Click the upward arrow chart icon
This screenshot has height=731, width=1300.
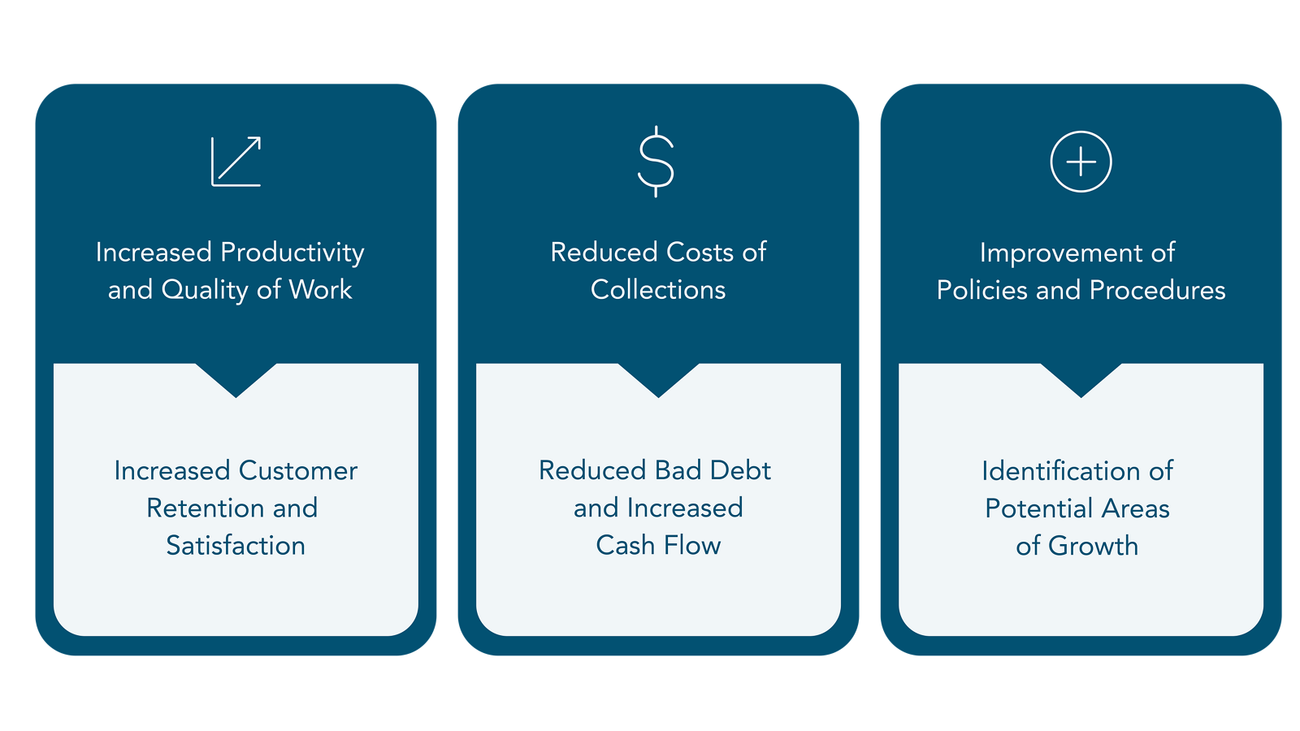coord(236,162)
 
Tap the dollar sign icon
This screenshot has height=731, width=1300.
coord(656,162)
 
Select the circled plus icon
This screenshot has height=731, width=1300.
coord(1081,162)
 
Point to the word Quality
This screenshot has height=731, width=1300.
coord(205,290)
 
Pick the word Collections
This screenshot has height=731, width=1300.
coord(658,290)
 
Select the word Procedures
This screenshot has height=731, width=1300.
coord(1157,290)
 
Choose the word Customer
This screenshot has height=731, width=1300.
coord(297,471)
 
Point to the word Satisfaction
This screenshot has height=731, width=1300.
coord(236,546)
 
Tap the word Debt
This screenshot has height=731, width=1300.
coord(740,471)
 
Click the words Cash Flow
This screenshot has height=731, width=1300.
coord(658,546)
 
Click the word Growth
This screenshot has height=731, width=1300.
coord(1093,546)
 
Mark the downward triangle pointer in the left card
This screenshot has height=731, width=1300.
coord(236,378)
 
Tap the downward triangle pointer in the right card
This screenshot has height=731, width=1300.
coord(1081,378)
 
